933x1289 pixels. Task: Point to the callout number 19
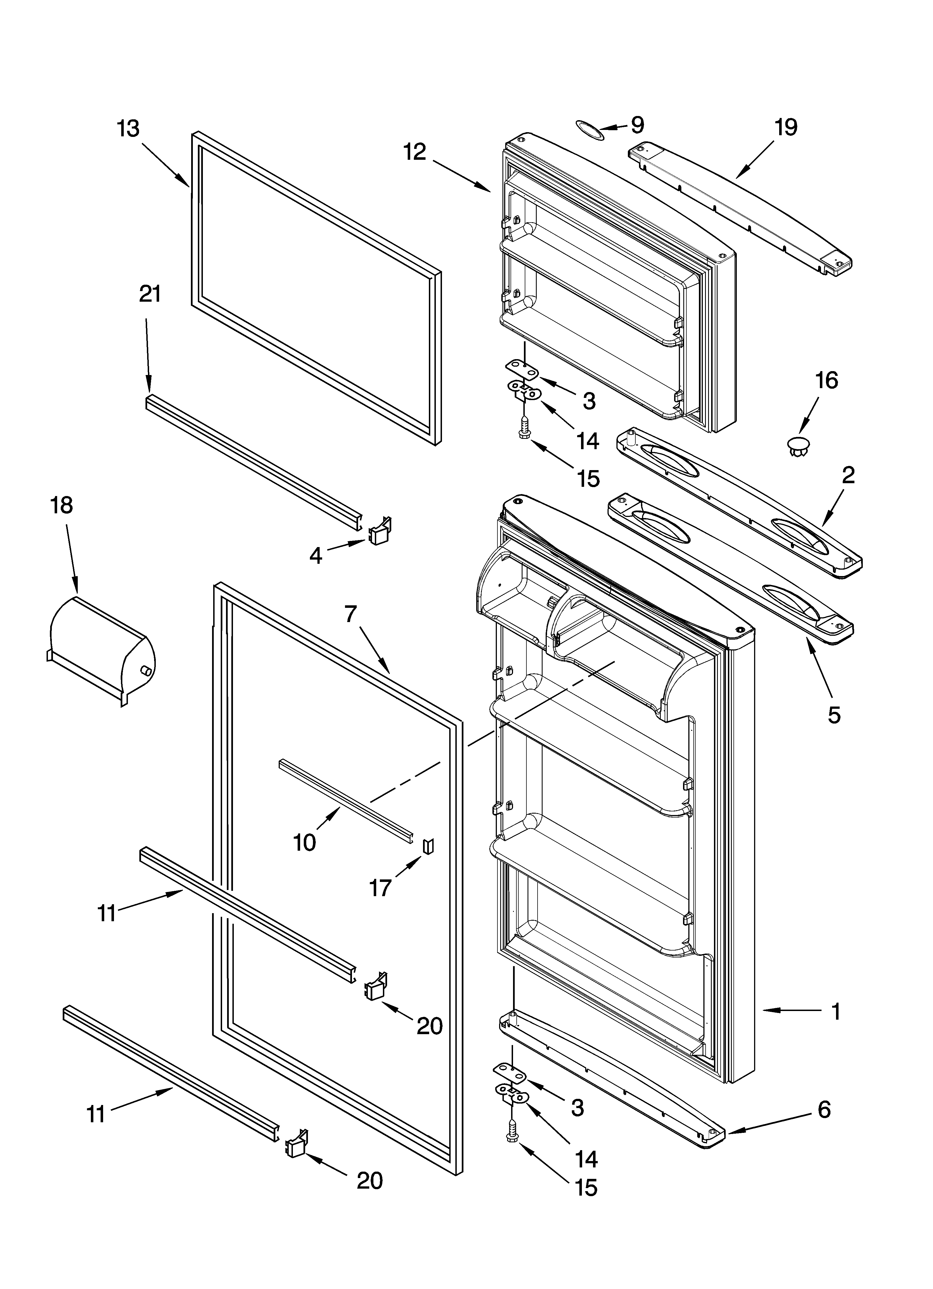[786, 127]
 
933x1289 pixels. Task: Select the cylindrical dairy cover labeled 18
[102, 645]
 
